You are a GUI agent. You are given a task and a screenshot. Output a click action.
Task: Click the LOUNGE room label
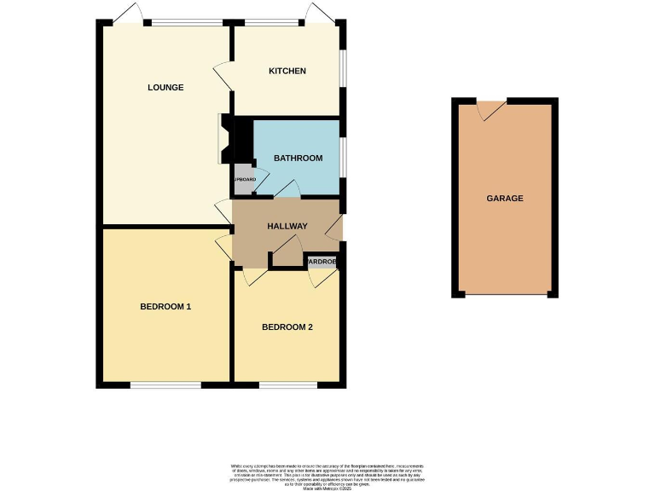point(165,87)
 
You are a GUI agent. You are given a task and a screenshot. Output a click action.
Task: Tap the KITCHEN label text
point(287,71)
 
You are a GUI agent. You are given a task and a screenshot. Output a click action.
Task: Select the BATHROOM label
point(298,158)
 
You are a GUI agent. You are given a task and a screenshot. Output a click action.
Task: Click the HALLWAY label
point(287,227)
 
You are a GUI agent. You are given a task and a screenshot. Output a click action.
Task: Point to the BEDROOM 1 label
point(165,307)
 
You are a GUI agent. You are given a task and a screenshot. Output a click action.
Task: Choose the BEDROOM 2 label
point(287,326)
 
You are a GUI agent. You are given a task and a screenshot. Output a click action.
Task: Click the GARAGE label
point(505,198)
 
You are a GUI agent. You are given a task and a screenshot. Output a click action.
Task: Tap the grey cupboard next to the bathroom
point(243,180)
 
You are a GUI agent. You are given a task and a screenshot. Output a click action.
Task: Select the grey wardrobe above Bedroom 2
point(322,262)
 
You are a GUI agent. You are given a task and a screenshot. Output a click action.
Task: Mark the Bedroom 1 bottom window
point(165,384)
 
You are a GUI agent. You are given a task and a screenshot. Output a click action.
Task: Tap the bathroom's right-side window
point(342,158)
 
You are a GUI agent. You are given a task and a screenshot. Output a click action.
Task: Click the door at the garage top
point(490,108)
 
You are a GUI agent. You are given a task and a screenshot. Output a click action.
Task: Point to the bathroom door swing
point(287,189)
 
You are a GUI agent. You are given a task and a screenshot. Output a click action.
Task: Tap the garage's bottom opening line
point(506,295)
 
